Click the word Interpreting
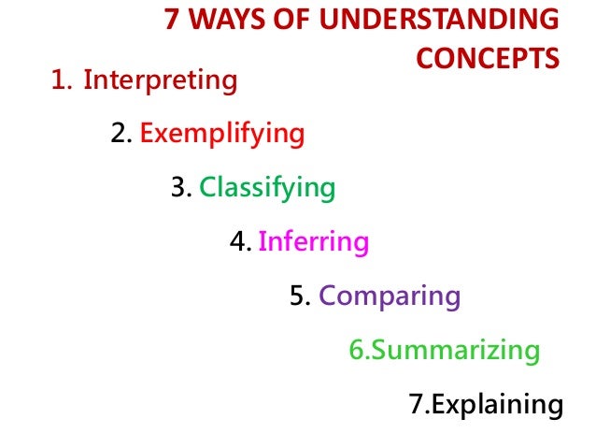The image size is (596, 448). click(x=160, y=80)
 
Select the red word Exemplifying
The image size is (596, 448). click(x=221, y=135)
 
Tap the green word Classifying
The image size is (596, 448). click(x=266, y=188)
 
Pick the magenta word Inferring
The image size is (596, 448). click(x=313, y=242)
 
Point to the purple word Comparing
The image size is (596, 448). click(x=390, y=296)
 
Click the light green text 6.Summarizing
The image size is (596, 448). click(x=444, y=351)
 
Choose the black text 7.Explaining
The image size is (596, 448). click(x=486, y=405)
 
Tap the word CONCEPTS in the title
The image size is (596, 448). click(x=488, y=58)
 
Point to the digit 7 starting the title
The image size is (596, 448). click(x=171, y=21)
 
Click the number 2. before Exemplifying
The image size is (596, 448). click(x=121, y=135)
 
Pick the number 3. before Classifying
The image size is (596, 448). click(x=181, y=188)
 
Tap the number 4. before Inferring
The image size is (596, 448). click(x=241, y=242)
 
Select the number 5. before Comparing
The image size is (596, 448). click(x=300, y=296)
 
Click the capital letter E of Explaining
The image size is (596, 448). click(x=438, y=405)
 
